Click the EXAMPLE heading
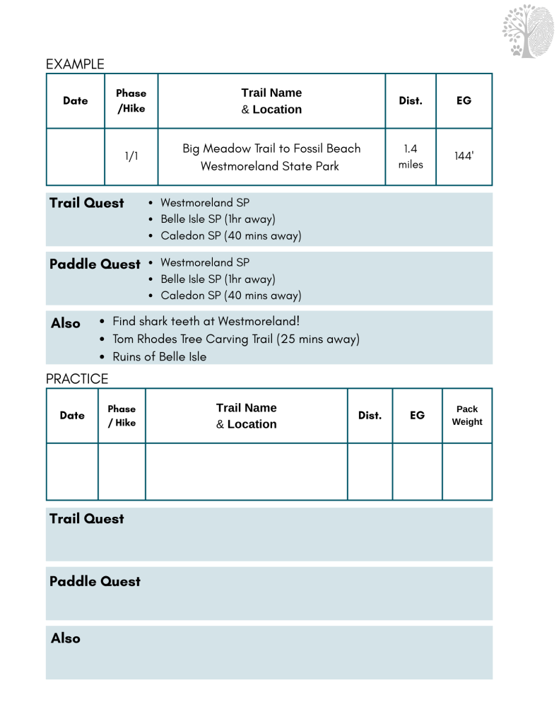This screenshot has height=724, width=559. [x=75, y=64]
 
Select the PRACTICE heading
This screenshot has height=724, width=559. [x=77, y=379]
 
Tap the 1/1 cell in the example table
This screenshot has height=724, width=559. [x=131, y=156]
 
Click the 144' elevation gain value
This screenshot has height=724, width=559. [x=464, y=156]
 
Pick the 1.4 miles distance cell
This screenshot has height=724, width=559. [x=411, y=156]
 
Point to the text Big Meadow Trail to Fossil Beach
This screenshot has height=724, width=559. [x=271, y=148]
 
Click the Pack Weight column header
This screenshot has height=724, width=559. [x=467, y=415]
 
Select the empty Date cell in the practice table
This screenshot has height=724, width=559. [x=72, y=472]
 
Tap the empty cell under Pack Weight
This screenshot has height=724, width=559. [x=467, y=472]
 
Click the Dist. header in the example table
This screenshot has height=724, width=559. [x=411, y=100]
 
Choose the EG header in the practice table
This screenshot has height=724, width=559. [x=418, y=415]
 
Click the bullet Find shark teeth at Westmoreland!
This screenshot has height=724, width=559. [x=206, y=321]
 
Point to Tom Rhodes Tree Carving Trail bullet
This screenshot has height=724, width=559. [x=236, y=339]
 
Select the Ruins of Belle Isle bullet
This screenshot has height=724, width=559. [x=160, y=357]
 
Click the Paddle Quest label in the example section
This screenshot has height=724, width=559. [x=95, y=264]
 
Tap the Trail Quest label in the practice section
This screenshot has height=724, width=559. [x=86, y=519]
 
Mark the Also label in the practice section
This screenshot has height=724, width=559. [x=66, y=638]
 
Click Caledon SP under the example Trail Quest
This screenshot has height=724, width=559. [x=230, y=235]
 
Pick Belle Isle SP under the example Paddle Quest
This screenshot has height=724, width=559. [x=218, y=279]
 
